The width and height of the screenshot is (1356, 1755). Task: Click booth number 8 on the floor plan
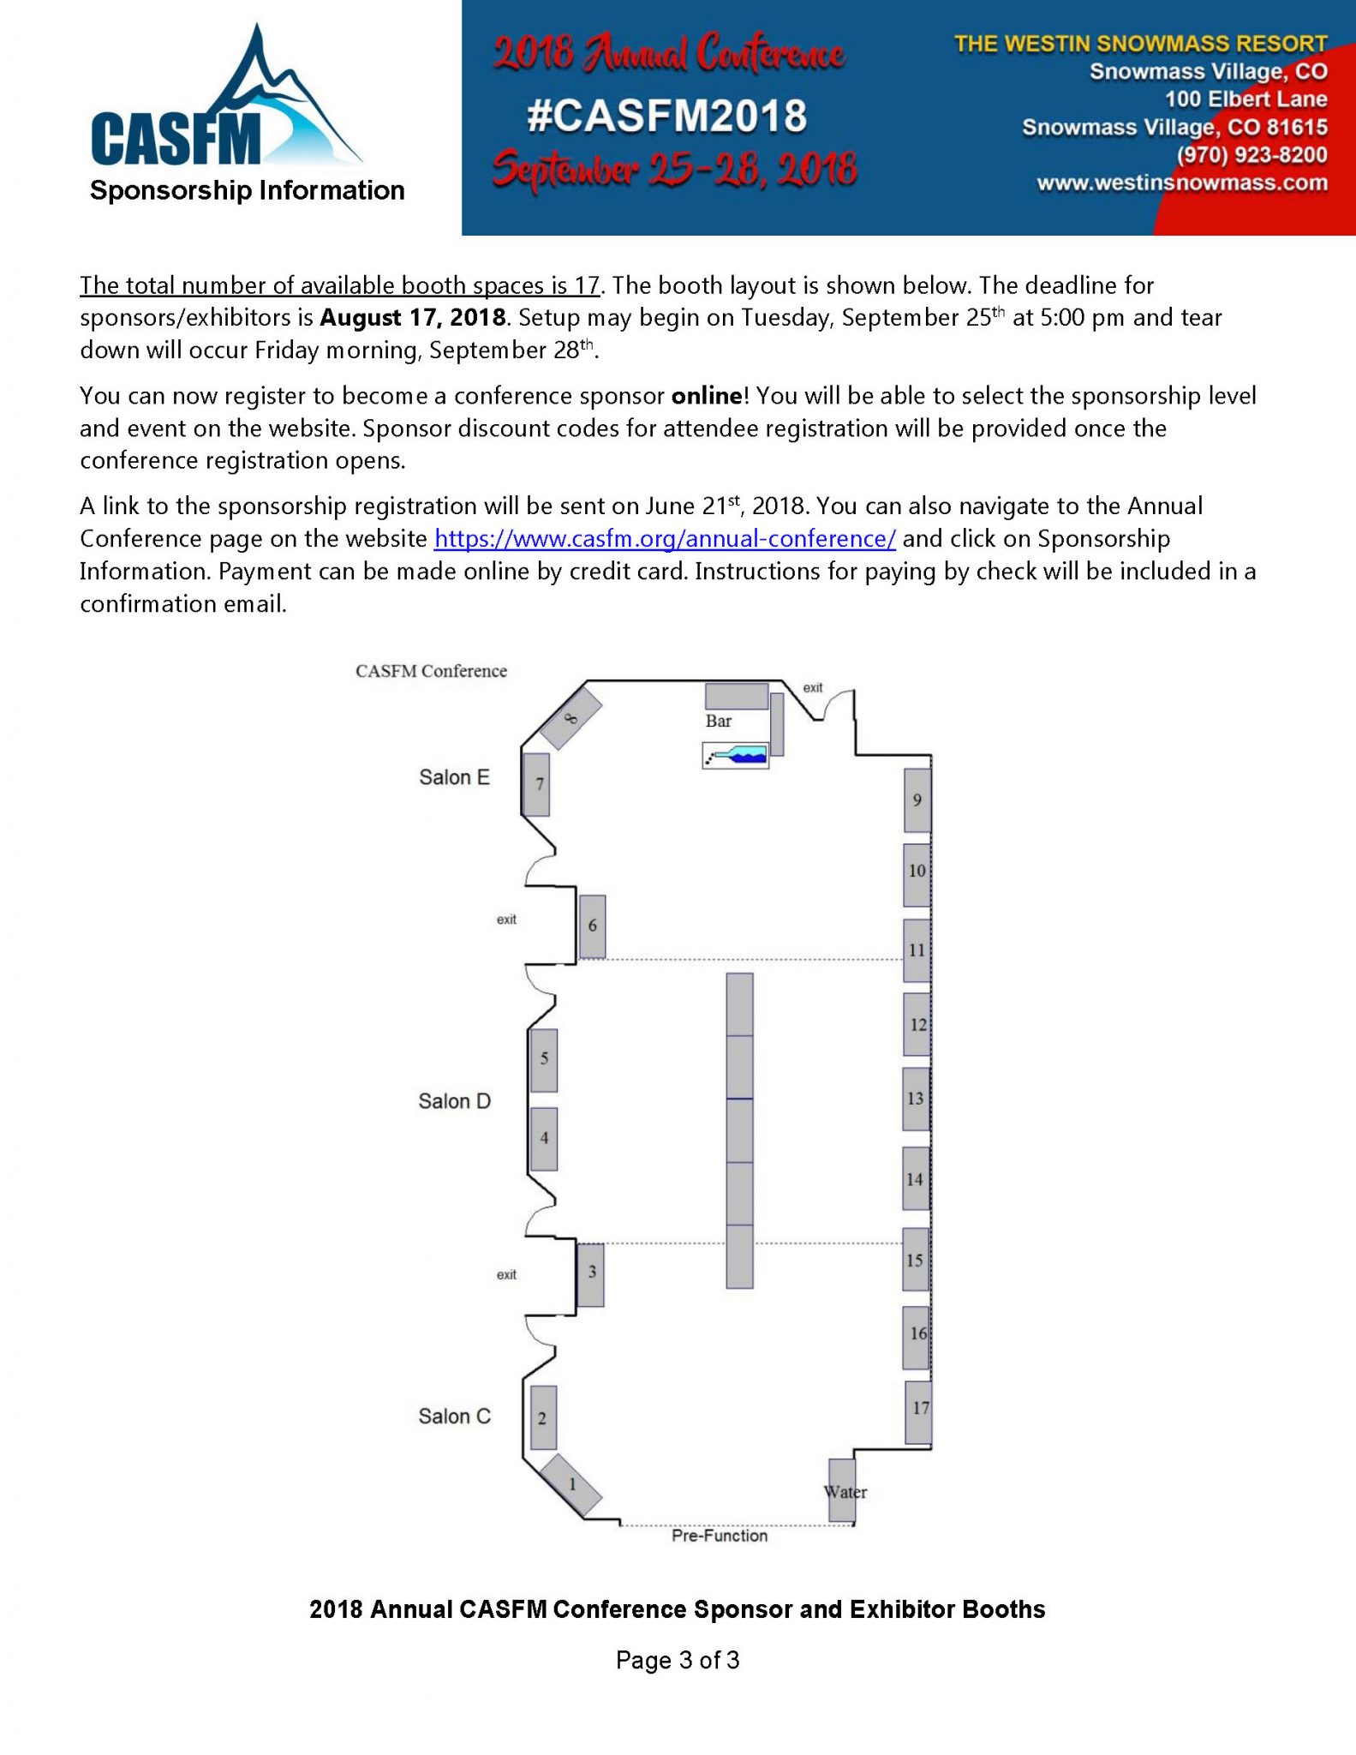pyautogui.click(x=571, y=718)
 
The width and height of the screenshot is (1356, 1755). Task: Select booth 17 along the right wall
pyautogui.click(x=918, y=1411)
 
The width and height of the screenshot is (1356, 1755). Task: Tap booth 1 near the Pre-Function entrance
pyautogui.click(x=572, y=1483)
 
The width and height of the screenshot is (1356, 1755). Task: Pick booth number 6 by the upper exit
pyautogui.click(x=592, y=926)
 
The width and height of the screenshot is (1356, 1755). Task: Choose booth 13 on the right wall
pyautogui.click(x=916, y=1099)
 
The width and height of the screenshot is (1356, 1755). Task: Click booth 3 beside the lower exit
pyautogui.click(x=590, y=1274)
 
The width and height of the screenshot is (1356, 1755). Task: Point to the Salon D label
pyautogui.click(x=454, y=1101)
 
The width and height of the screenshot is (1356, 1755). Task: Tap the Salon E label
pyautogui.click(x=454, y=777)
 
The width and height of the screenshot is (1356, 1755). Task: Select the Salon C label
pyautogui.click(x=454, y=1417)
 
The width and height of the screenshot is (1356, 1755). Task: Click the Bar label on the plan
pyautogui.click(x=718, y=721)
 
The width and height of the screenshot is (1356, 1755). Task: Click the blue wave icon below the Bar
pyautogui.click(x=736, y=755)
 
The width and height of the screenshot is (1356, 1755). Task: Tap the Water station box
pyautogui.click(x=842, y=1490)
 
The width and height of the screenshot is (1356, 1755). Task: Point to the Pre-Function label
pyautogui.click(x=719, y=1536)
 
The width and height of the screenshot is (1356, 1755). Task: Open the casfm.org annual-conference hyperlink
pyautogui.click(x=665, y=539)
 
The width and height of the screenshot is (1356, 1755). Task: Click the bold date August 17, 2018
pyautogui.click(x=414, y=318)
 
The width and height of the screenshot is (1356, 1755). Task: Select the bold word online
pyautogui.click(x=706, y=396)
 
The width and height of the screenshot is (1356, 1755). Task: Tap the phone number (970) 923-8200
pyautogui.click(x=1251, y=155)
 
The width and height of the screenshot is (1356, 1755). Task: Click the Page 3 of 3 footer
pyautogui.click(x=677, y=1661)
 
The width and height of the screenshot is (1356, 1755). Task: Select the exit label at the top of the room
pyautogui.click(x=812, y=687)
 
